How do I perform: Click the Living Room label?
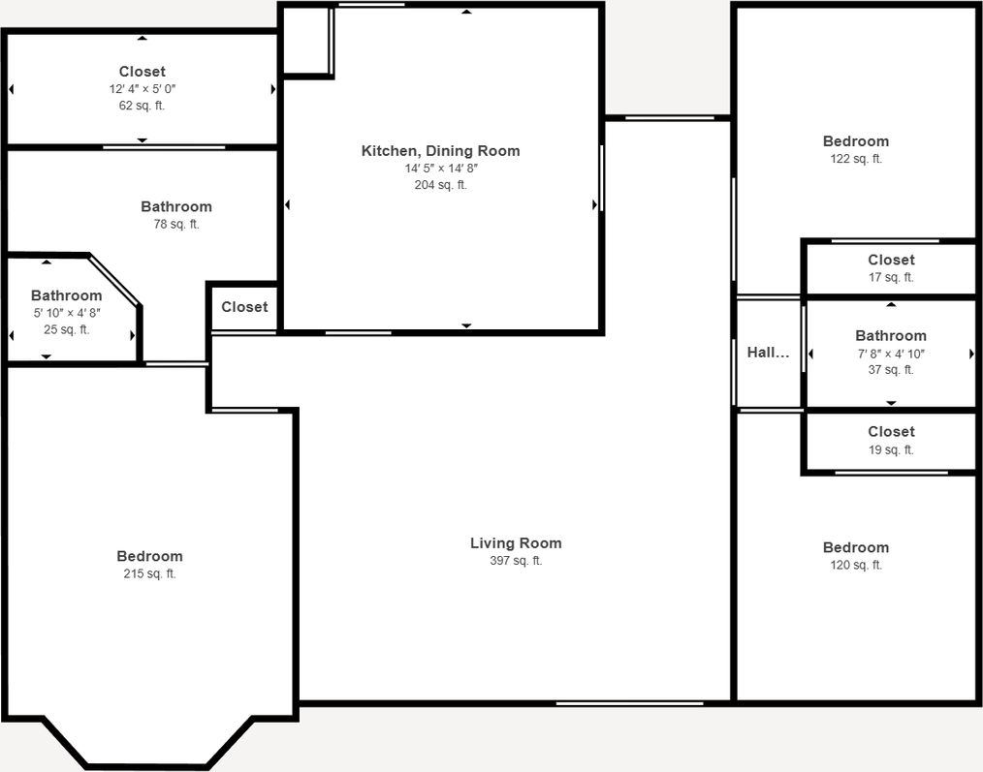point(516,543)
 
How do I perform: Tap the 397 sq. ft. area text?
point(516,561)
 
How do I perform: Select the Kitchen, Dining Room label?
point(440,151)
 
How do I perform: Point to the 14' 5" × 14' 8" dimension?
point(441,169)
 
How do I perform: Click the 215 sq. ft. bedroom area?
point(149,573)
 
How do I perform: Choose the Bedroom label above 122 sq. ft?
point(855,141)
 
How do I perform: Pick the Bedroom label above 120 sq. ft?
point(855,547)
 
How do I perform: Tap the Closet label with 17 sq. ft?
point(891,260)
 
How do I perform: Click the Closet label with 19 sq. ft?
point(891,432)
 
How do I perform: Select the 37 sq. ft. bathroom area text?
point(891,370)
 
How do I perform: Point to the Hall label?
point(768,354)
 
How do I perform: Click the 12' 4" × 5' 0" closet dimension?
point(143,88)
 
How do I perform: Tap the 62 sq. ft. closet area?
point(143,106)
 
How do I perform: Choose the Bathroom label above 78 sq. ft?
point(176,206)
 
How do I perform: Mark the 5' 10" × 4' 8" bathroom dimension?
point(66,313)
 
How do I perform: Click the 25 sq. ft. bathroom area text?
point(66,329)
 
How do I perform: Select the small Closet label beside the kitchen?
point(244,307)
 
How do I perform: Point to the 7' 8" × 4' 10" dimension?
point(891,354)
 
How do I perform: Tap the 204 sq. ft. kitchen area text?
point(441,185)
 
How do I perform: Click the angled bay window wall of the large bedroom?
point(229,742)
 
